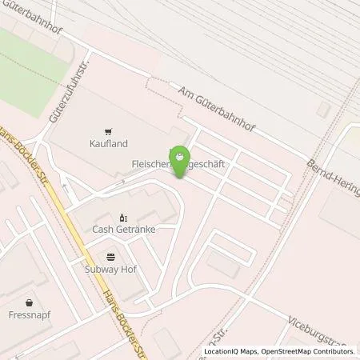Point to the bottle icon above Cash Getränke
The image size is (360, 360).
click(123, 217)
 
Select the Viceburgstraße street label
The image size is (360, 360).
click(327, 330)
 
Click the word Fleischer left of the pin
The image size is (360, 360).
click(150, 166)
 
